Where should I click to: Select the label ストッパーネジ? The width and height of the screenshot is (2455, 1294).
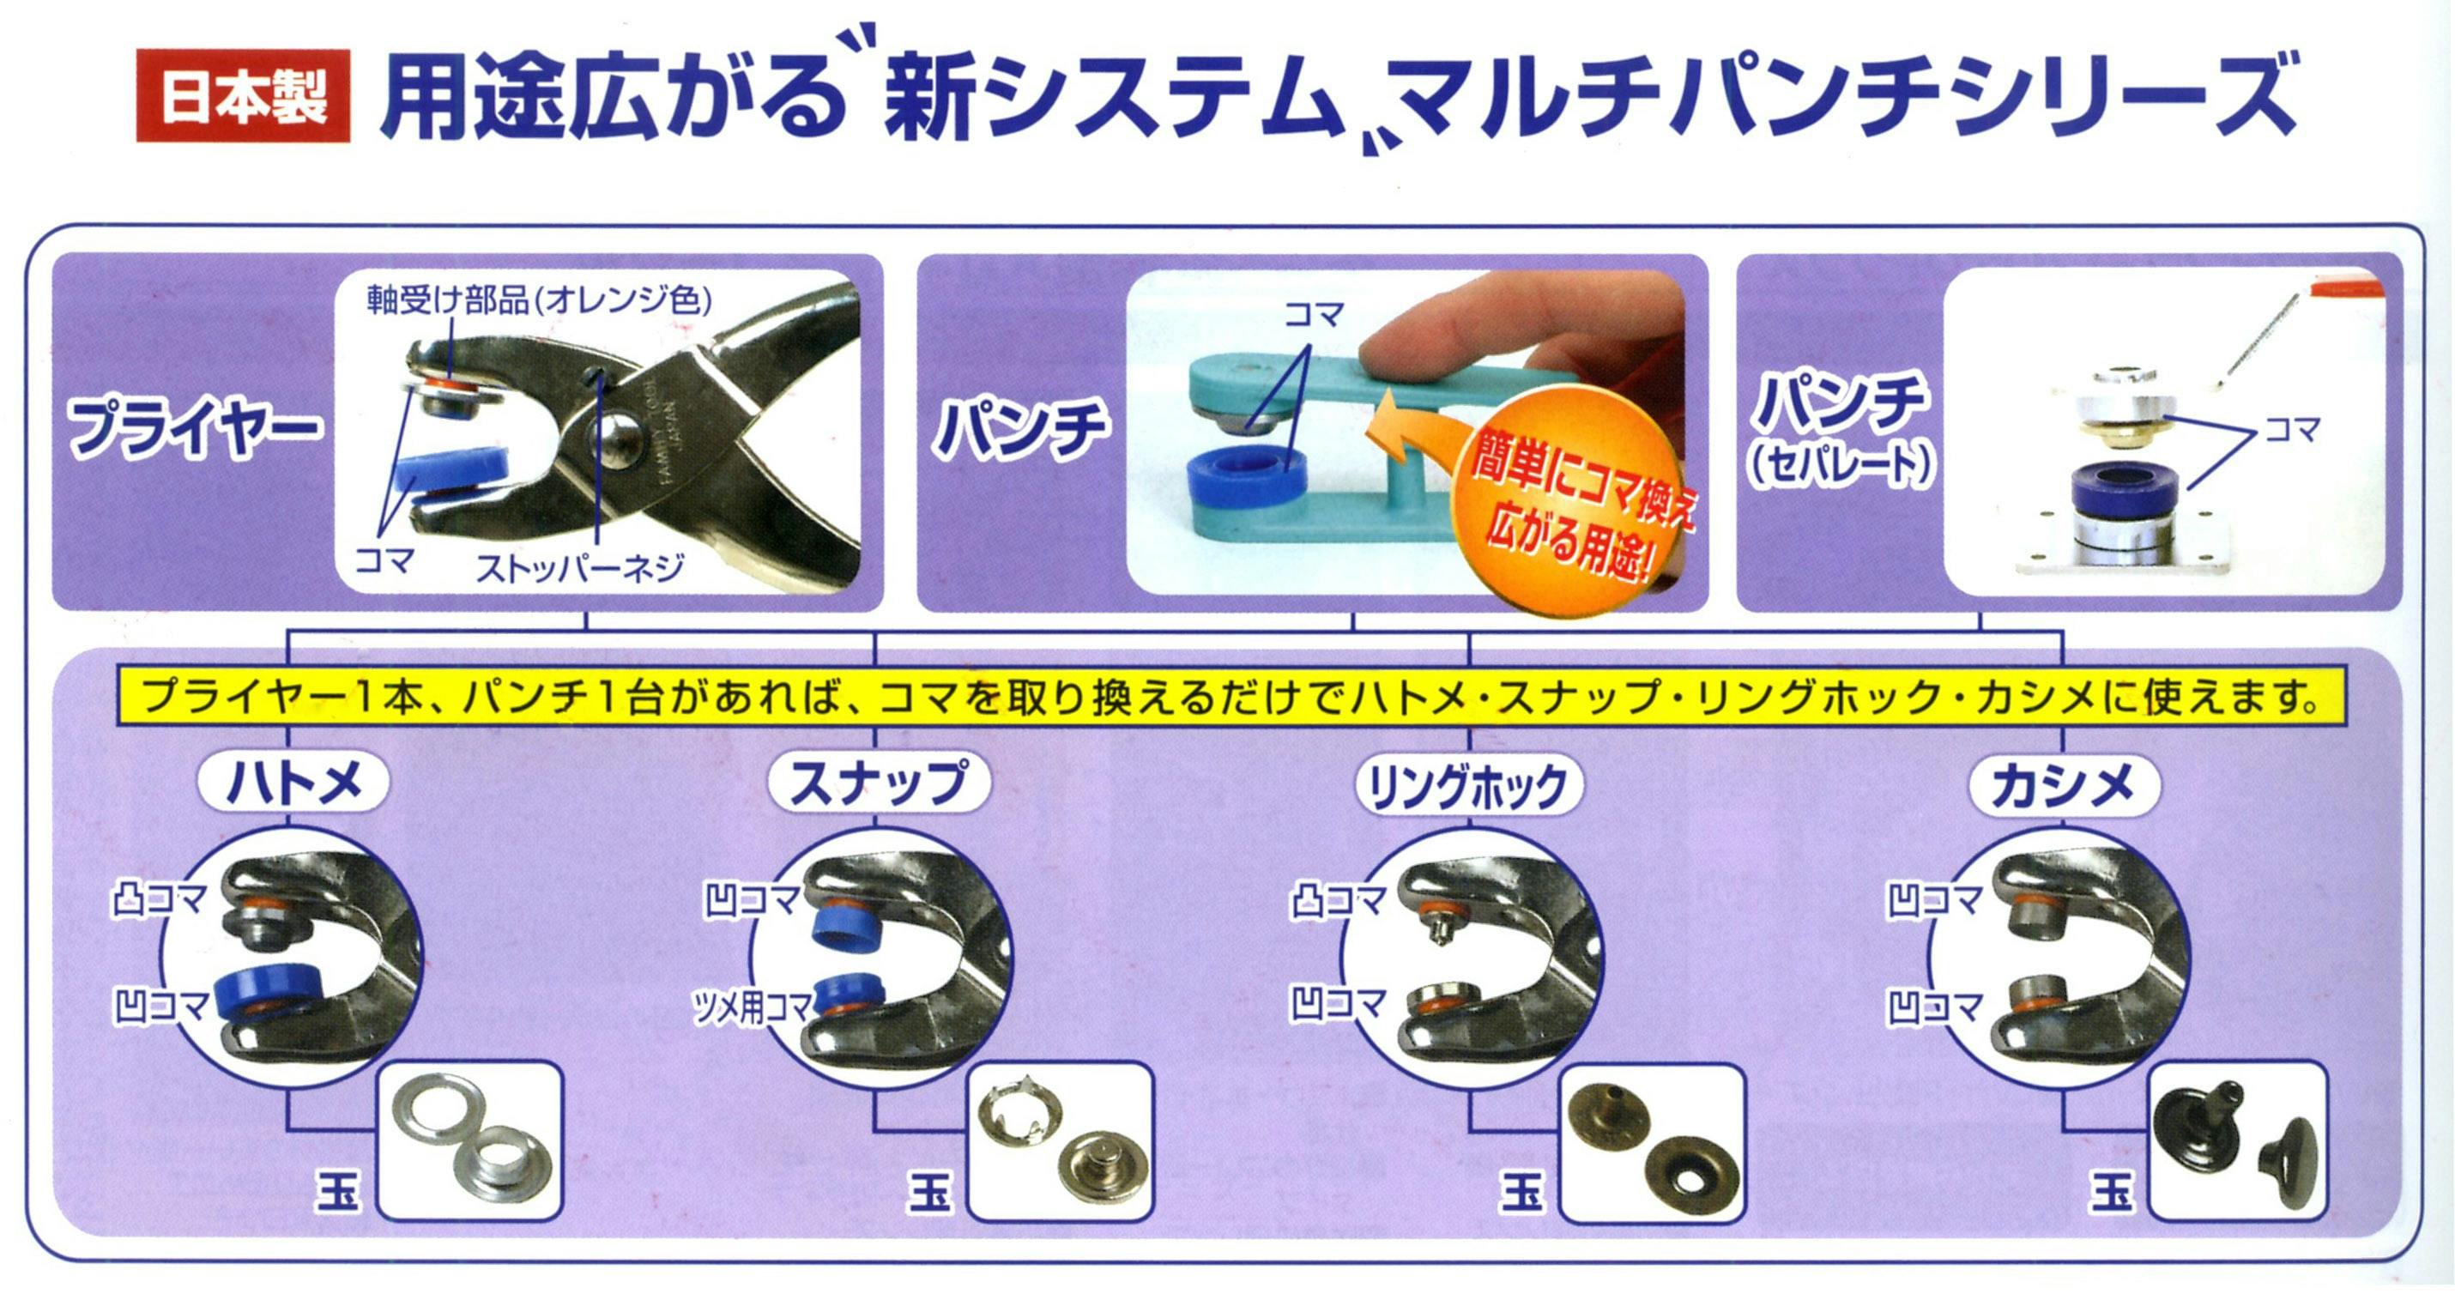(x=579, y=569)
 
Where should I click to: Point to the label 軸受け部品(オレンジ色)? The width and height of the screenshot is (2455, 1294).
(x=540, y=301)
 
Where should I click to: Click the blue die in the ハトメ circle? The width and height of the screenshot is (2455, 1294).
(x=264, y=1000)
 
